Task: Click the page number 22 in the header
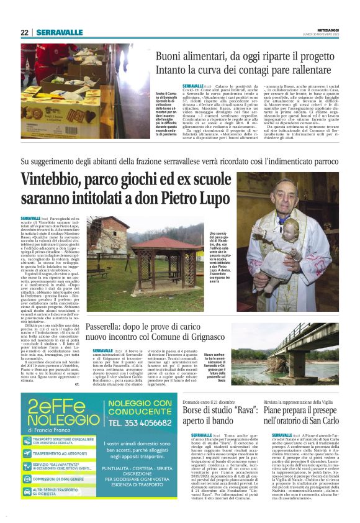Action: click(x=24, y=32)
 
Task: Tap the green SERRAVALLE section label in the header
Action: click(x=59, y=32)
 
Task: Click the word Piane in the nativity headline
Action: click(x=285, y=414)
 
